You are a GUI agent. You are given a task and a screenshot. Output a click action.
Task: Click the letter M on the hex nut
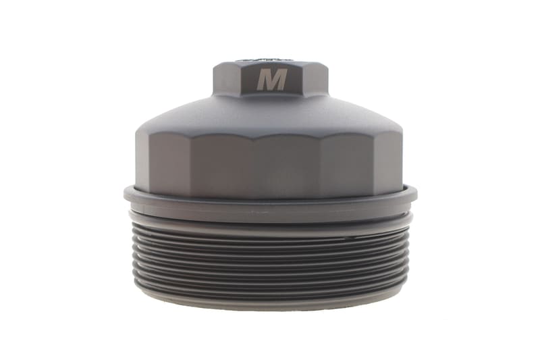click(x=272, y=80)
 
